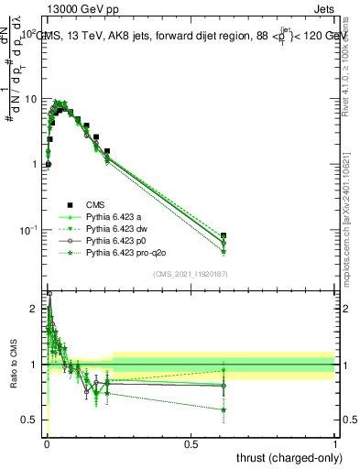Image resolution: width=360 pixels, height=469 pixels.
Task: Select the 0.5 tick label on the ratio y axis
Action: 33,420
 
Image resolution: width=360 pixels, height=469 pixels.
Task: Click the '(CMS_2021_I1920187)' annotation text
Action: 191,274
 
